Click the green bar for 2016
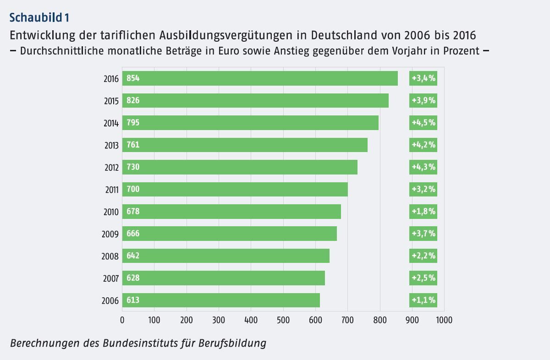pos(259,78)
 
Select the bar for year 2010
pos(231,212)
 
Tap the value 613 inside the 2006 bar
pos(133,300)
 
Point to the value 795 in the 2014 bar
pos(133,123)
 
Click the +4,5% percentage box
pos(423,123)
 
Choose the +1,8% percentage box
pos(423,212)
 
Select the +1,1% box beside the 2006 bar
pos(423,300)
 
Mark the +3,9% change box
pos(423,100)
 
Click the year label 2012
pos(111,168)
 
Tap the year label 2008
pos(111,256)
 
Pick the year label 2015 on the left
pos(111,101)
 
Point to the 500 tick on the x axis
pos(251,320)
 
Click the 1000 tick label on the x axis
pos(444,320)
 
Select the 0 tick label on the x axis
pos(122,320)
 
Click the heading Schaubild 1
pos(39,18)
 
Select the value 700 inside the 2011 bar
pos(133,189)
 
